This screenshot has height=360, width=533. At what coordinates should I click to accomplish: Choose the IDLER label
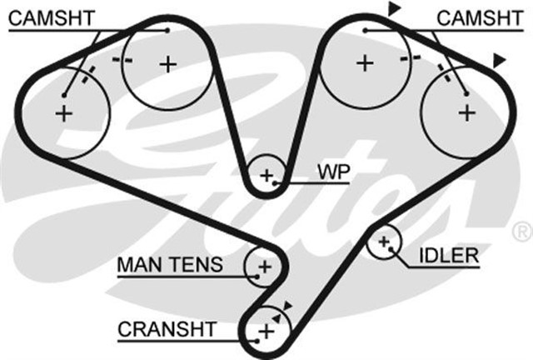449,255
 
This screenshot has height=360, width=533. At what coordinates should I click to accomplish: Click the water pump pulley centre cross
267,176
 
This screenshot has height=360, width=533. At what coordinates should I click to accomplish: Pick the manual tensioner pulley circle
263,267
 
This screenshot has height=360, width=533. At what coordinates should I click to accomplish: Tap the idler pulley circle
384,242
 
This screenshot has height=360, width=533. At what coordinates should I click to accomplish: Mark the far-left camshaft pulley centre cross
65,114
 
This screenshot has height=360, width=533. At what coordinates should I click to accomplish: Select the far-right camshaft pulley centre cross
467,111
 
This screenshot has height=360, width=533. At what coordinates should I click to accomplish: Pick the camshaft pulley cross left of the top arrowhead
364,62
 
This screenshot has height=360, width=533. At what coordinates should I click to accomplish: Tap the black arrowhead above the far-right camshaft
499,59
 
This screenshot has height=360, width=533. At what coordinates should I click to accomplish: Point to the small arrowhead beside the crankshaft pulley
288,306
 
